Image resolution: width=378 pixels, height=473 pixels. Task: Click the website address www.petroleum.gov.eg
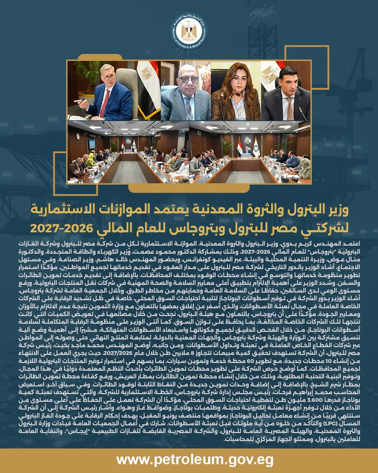tap(189, 460)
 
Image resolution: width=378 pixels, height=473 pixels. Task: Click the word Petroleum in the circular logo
tap(181, 42)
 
